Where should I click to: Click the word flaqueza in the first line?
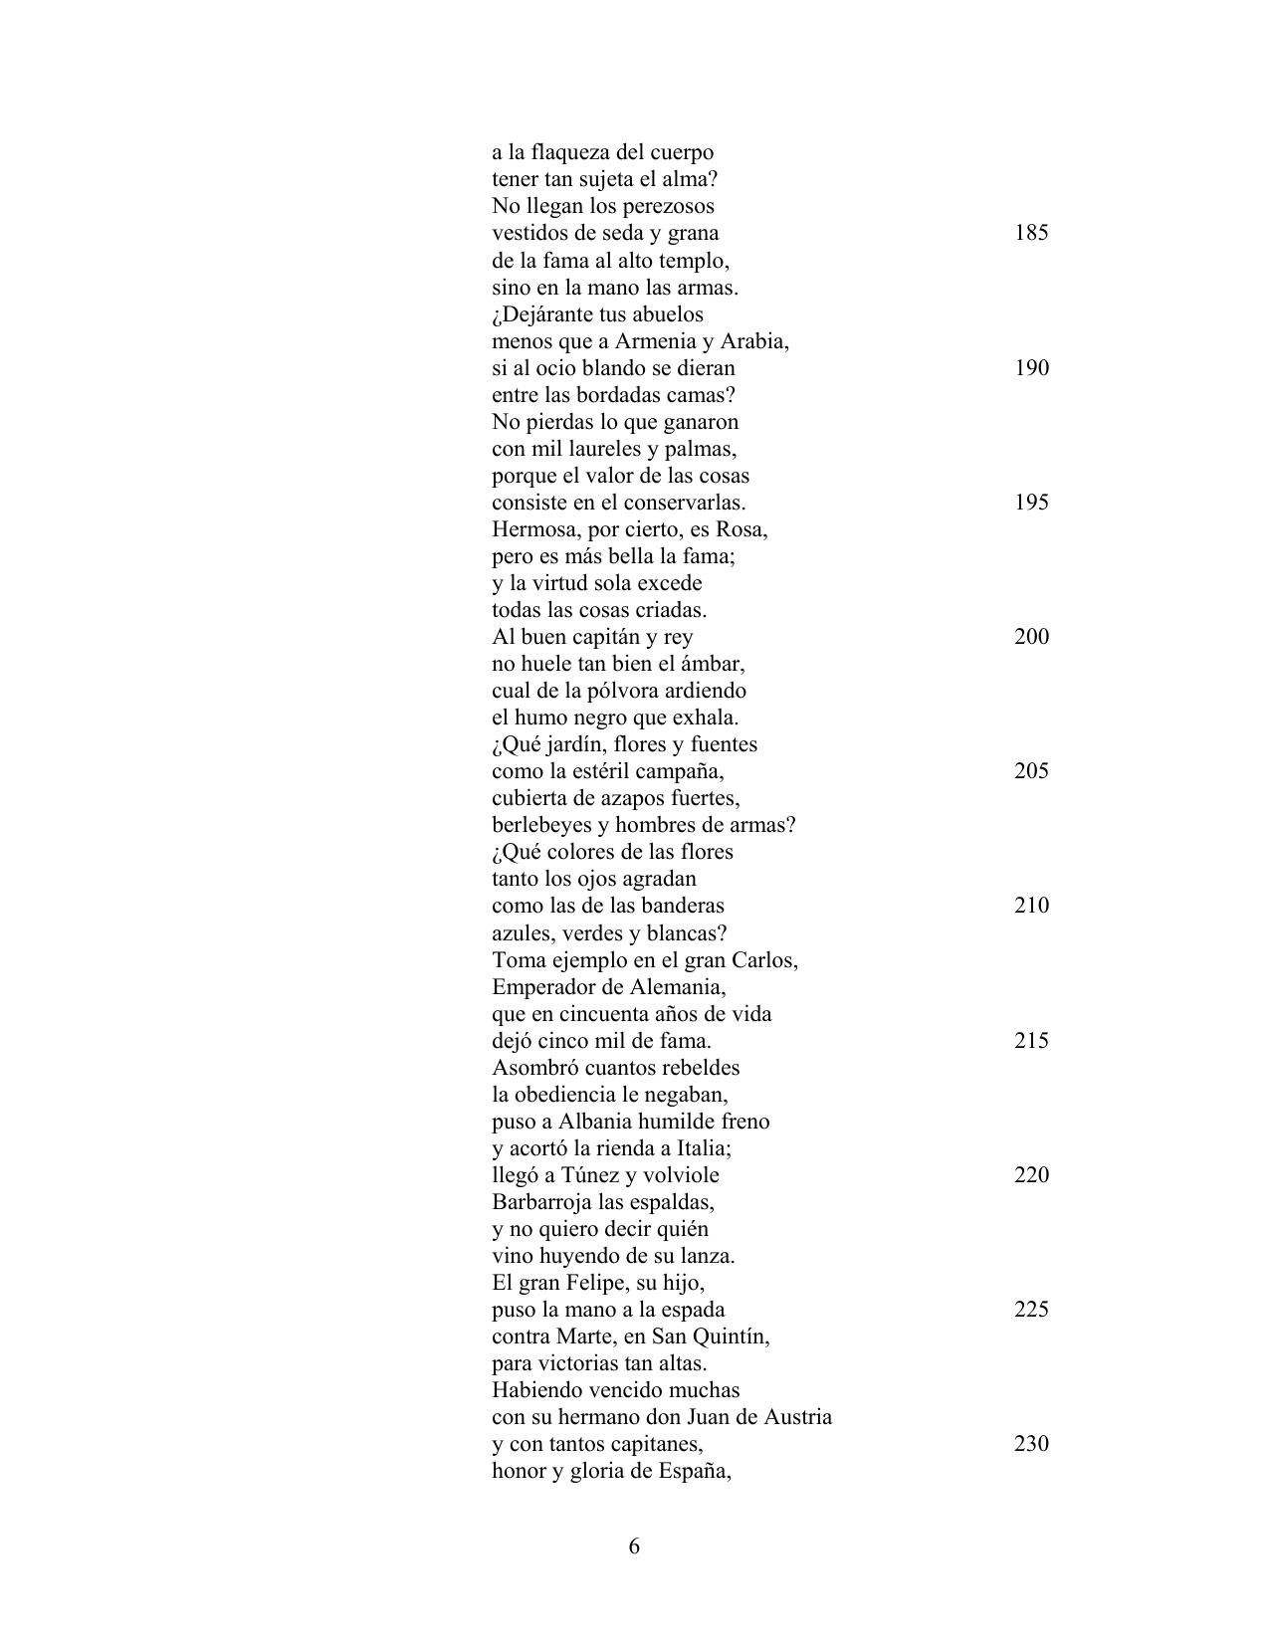[x=571, y=153]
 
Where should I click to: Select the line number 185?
[x=1031, y=233]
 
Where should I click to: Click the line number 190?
[x=1031, y=368]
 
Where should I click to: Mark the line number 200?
[x=1031, y=637]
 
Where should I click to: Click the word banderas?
[x=682, y=906]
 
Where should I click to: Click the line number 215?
[x=1031, y=1041]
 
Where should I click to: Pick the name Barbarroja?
[x=542, y=1202]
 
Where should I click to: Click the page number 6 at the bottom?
[x=634, y=1546]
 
